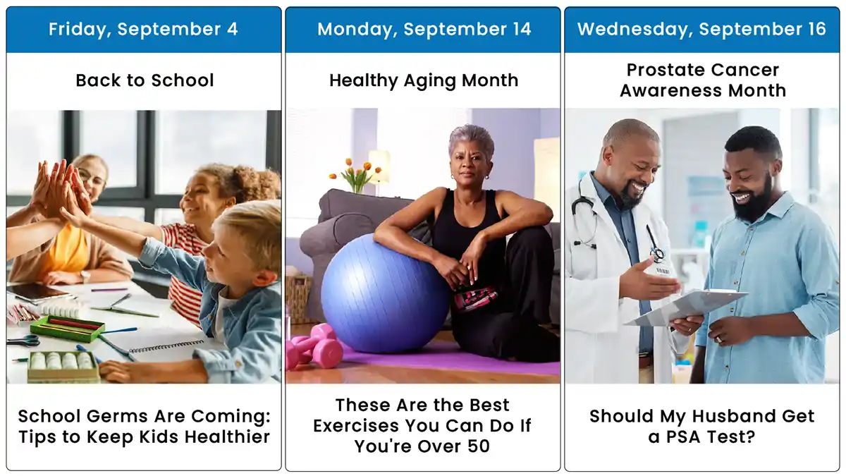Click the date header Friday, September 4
coord(143,29)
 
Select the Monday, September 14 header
coord(424,29)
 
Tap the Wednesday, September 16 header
coord(701,29)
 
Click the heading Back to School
coord(145,80)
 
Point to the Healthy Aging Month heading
coord(424,80)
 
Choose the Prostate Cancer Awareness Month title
coord(703,80)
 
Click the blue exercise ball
coord(384,293)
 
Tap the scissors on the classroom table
coord(23,341)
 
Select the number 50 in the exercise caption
coord(479,446)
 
